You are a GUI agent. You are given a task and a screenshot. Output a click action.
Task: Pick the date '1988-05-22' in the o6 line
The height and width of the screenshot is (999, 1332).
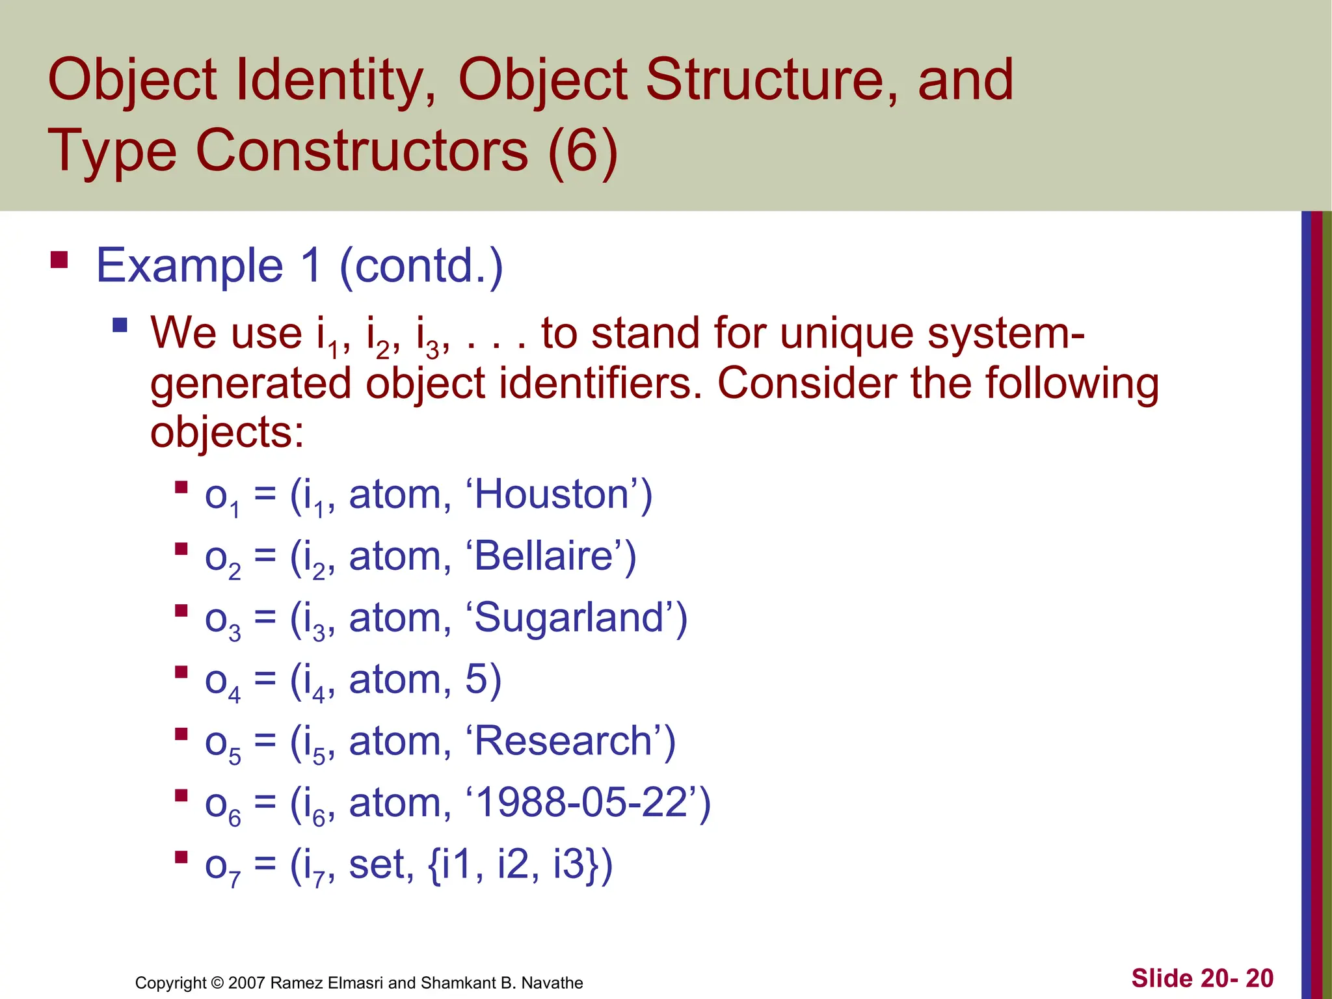(x=582, y=803)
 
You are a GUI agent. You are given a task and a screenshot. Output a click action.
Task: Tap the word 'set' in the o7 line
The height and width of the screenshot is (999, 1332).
(x=380, y=864)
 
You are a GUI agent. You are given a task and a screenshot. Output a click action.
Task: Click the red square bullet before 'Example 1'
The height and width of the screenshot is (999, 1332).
(x=59, y=261)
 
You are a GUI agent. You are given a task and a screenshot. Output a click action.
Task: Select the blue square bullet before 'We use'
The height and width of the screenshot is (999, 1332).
(x=120, y=325)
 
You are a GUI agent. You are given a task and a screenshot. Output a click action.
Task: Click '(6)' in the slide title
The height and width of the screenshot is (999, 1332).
(x=582, y=151)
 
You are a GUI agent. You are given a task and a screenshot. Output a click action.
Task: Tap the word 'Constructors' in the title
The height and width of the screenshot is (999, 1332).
(x=362, y=151)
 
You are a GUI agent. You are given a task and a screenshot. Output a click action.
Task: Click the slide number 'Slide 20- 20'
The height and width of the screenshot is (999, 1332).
(x=1202, y=978)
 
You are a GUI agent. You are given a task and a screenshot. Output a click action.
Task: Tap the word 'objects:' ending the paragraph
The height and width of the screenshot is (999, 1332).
(x=227, y=433)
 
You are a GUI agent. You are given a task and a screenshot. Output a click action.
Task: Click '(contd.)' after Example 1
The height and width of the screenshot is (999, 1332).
(x=421, y=266)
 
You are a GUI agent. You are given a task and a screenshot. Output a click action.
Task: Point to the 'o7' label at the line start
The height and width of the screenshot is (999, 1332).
(x=222, y=868)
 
